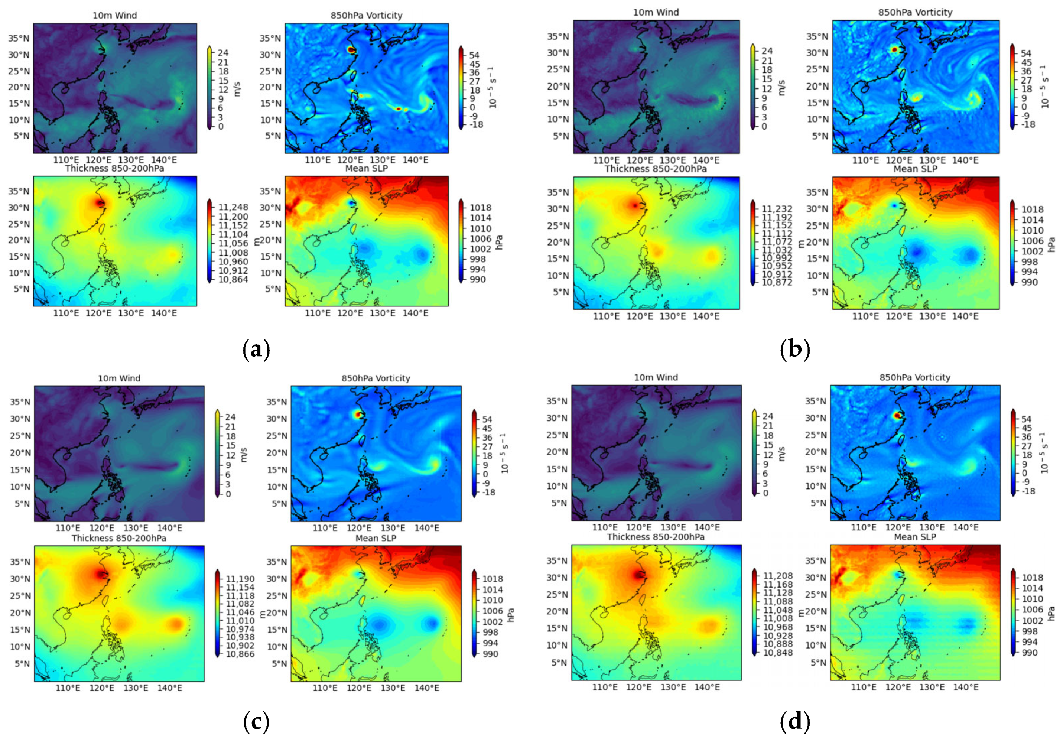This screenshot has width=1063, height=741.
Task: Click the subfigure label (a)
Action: [x=256, y=350]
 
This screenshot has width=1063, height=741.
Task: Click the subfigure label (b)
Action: [x=794, y=350]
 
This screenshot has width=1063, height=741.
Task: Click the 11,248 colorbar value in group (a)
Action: [x=233, y=207]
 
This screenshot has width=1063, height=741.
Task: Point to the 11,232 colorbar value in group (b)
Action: [x=777, y=209]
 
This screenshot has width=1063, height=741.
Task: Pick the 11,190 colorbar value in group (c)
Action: [x=240, y=578]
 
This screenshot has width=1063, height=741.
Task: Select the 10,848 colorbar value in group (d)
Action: [x=778, y=653]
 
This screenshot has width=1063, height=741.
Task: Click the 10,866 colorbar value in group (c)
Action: [x=240, y=654]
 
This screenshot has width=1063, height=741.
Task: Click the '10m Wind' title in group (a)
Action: [x=114, y=15]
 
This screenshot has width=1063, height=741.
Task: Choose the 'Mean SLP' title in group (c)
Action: [x=376, y=538]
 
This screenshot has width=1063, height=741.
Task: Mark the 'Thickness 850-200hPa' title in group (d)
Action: [x=656, y=537]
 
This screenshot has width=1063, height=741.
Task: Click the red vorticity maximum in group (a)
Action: [x=351, y=49]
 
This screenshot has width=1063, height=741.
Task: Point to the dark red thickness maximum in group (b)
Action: [x=634, y=205]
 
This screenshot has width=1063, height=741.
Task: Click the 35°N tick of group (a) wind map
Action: [x=19, y=38]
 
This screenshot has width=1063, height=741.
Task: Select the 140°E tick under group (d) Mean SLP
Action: [x=965, y=687]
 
